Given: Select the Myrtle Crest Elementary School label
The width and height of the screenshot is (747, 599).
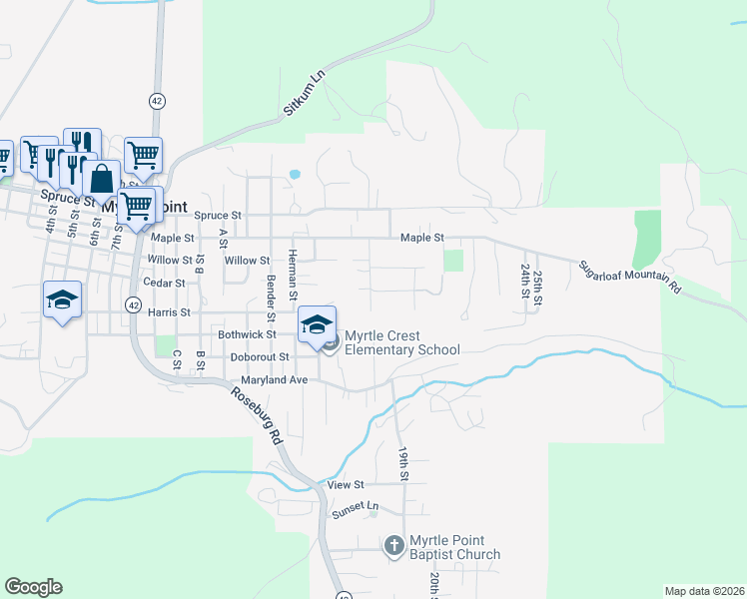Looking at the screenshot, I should pos(401,343).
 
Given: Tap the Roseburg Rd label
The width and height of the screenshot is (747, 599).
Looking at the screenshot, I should pos(254,411).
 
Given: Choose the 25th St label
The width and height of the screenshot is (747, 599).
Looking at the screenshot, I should pos(537,288).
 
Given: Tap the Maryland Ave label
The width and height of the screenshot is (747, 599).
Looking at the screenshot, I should pos(275,380).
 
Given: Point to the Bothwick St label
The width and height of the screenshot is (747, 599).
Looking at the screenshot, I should pos(247,334).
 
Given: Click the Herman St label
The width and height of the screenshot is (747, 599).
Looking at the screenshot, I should pos(293,276).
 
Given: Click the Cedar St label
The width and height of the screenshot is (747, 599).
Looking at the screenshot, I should pos(165,284).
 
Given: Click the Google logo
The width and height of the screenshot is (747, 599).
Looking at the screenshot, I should pos(33,587).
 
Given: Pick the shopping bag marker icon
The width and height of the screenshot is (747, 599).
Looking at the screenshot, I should pos(103,180).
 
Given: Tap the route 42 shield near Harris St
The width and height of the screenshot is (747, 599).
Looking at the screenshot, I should pos(133,303).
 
